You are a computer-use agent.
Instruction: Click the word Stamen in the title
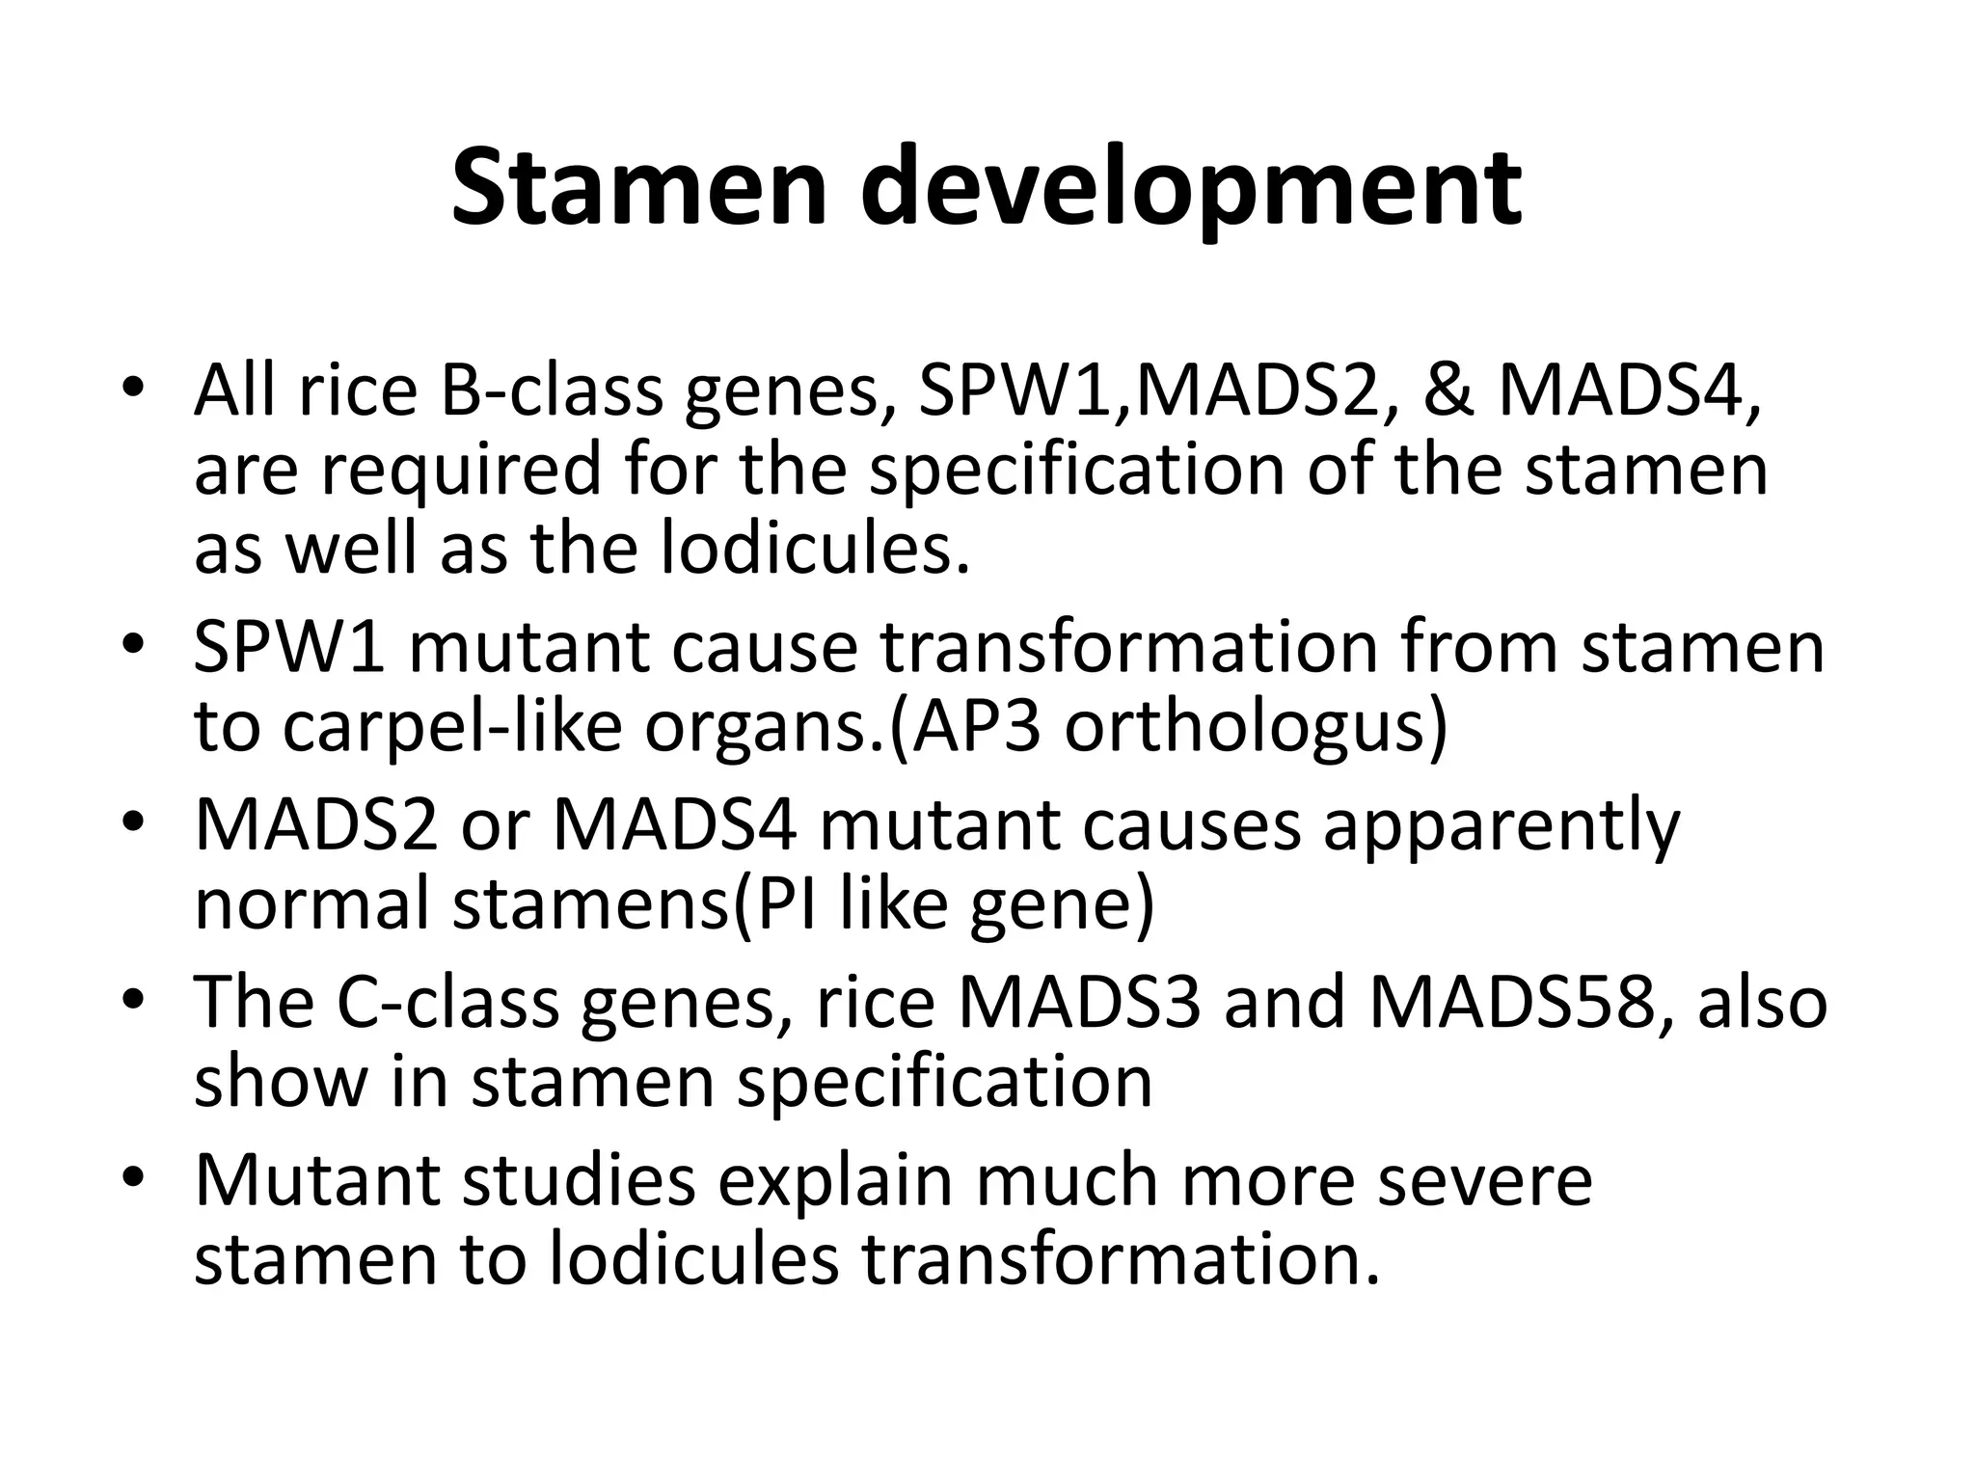point(638,188)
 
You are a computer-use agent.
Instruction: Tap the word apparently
point(1501,827)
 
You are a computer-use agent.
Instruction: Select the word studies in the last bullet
point(579,1180)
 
